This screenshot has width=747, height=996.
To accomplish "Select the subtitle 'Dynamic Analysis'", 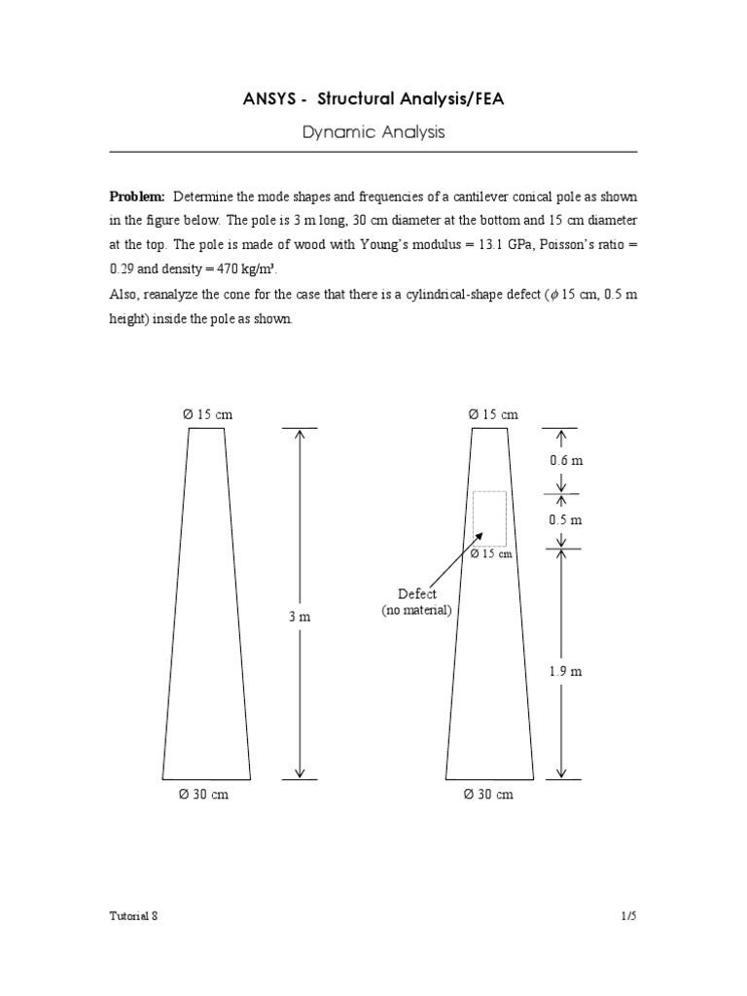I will pyautogui.click(x=373, y=132).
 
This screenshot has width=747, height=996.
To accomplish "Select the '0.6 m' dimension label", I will pyautogui.click(x=565, y=460).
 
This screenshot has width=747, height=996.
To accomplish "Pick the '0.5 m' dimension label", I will pyautogui.click(x=565, y=519).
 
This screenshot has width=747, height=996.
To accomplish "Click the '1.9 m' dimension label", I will pyautogui.click(x=565, y=671).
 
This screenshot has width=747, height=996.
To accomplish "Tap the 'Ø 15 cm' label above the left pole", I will pyautogui.click(x=207, y=414).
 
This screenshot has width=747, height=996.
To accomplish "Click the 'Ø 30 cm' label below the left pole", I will pyautogui.click(x=204, y=795).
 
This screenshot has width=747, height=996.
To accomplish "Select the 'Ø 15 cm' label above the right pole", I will pyautogui.click(x=493, y=414).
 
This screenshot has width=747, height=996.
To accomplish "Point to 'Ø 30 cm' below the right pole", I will pyautogui.click(x=489, y=795).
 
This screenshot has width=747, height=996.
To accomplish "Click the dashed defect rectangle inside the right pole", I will pyautogui.click(x=489, y=518).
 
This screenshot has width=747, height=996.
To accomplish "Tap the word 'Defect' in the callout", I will pyautogui.click(x=417, y=593).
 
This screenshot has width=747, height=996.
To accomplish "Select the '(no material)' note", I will pyautogui.click(x=416, y=610).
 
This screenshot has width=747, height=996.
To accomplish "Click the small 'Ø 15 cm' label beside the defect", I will pyautogui.click(x=491, y=554).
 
